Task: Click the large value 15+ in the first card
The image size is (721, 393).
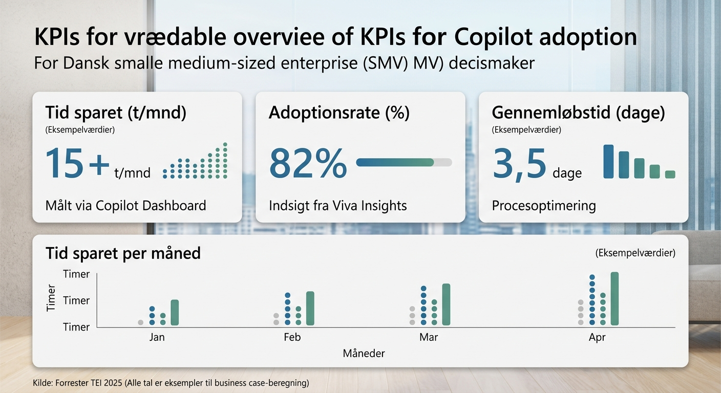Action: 77,163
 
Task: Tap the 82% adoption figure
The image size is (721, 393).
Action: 307,163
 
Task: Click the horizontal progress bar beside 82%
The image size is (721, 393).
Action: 404,162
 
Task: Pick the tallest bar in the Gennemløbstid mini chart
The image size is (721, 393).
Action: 608,161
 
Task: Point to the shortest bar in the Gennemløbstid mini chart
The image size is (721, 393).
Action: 670,174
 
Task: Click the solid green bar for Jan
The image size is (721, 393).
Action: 175,313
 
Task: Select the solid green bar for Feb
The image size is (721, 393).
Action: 310,308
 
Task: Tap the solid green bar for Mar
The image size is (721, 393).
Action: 446,304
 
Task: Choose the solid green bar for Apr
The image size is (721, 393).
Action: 614,298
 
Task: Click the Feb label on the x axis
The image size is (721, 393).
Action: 292,338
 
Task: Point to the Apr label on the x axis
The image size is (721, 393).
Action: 597,338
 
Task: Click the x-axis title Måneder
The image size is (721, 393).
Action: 364,354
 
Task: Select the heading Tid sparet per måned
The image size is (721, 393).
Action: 123,253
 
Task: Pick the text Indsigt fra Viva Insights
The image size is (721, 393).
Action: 337,206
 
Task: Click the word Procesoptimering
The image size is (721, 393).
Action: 544,206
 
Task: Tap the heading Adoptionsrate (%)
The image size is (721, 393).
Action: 339,113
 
